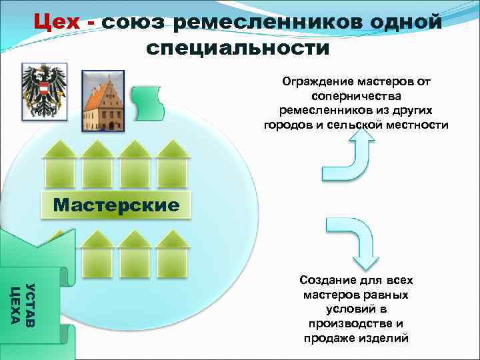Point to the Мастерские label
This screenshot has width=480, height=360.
[x=116, y=205]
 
